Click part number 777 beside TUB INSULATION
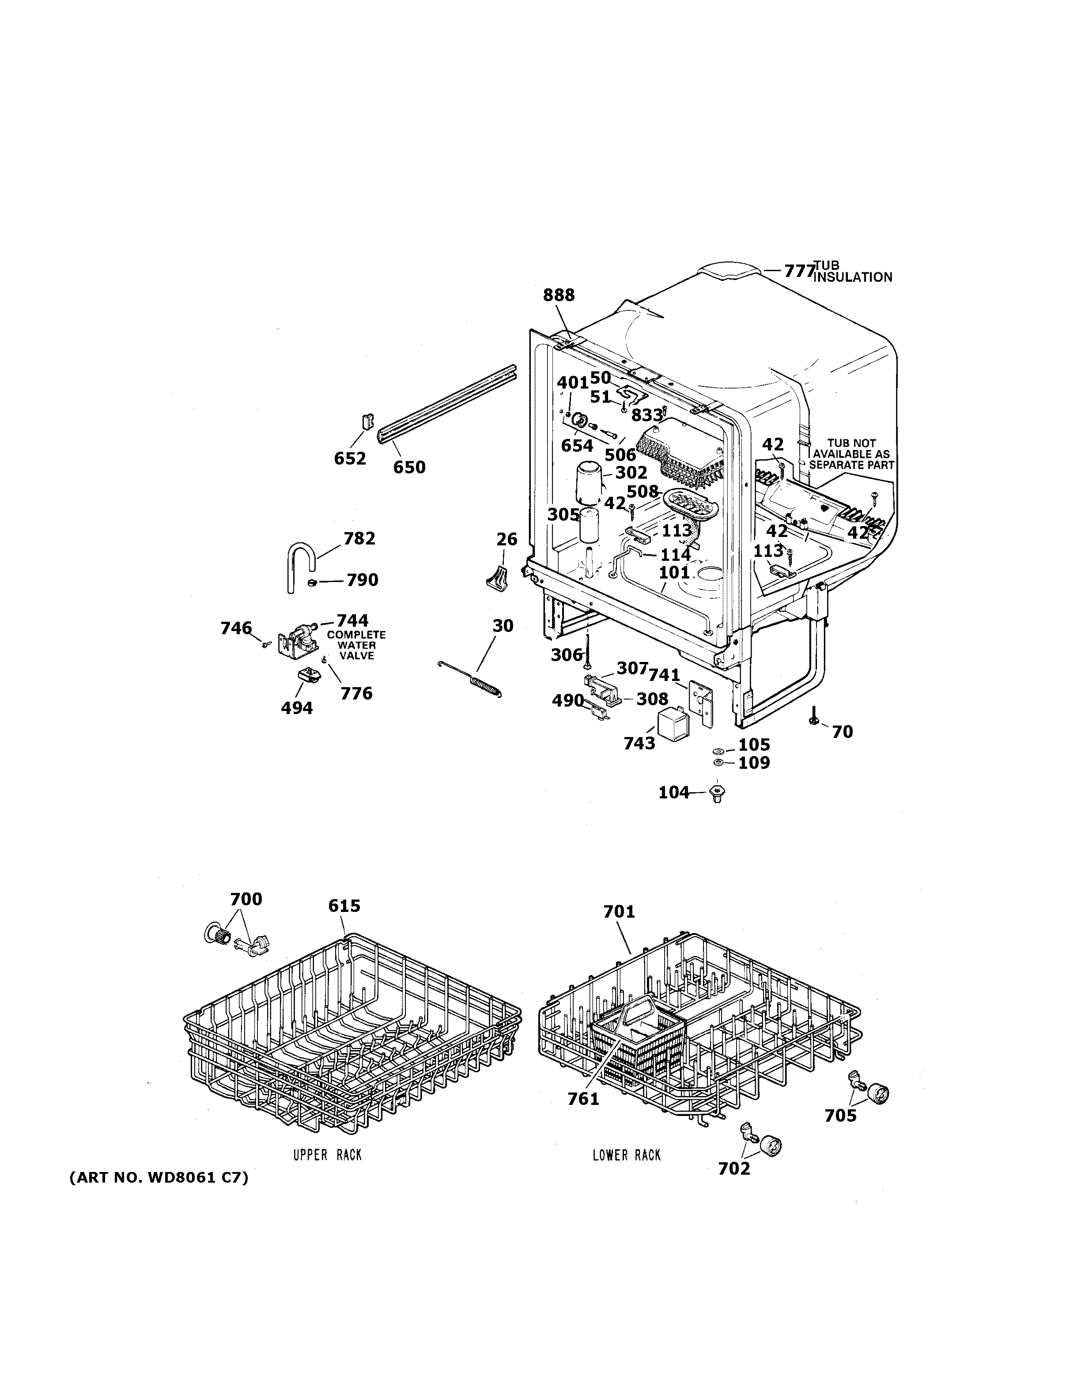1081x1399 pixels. [798, 271]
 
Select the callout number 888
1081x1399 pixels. [559, 295]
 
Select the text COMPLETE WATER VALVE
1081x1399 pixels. [356, 645]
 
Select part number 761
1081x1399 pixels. [583, 1099]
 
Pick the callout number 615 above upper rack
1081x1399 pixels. [344, 906]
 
